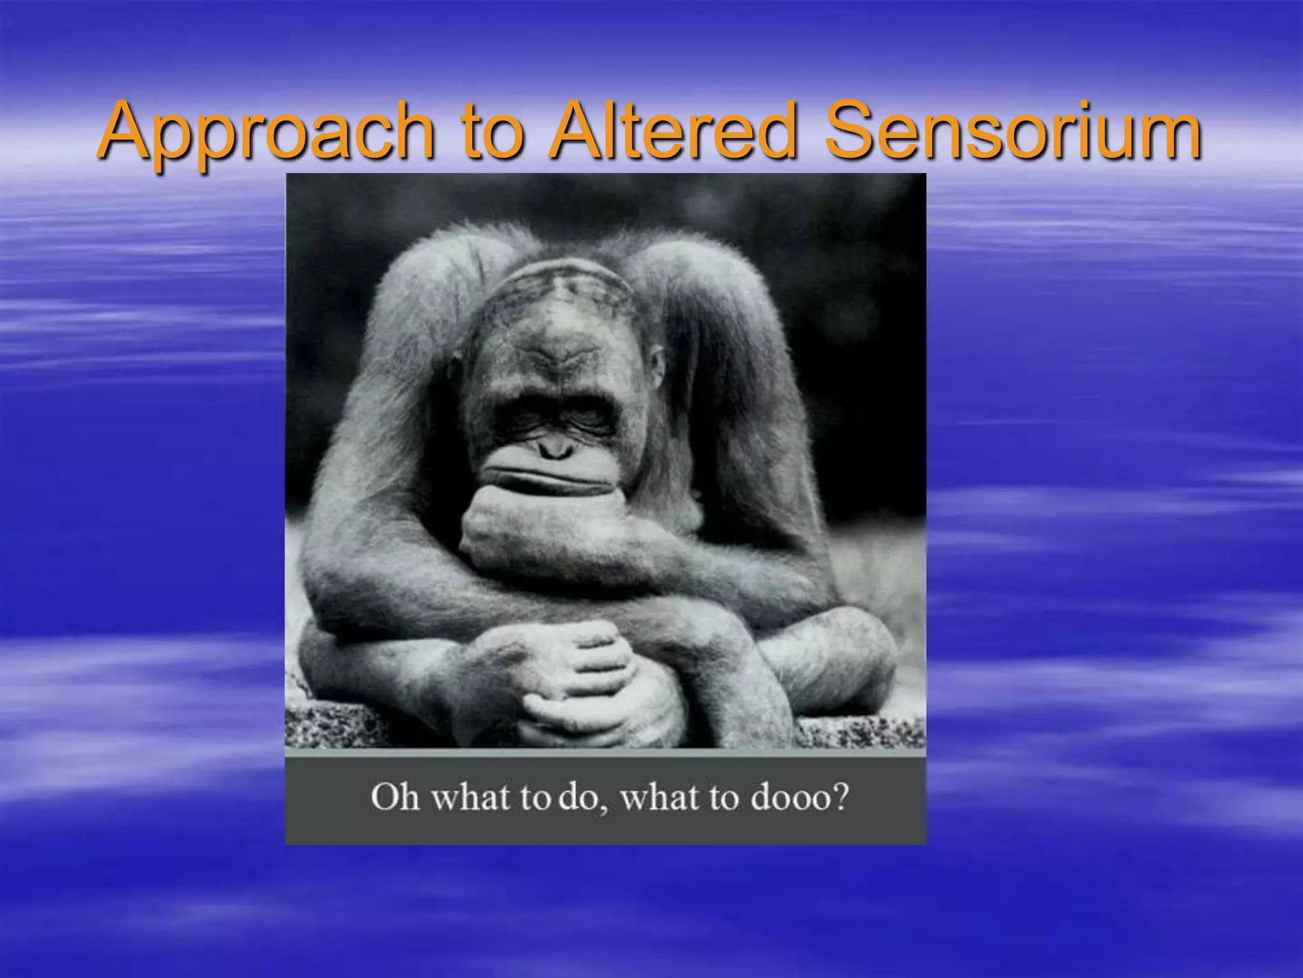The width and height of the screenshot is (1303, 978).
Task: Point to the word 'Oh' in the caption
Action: click(x=394, y=797)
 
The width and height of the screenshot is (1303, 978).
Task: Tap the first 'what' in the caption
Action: click(x=471, y=797)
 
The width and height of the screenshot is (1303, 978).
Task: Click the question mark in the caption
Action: click(x=840, y=796)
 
